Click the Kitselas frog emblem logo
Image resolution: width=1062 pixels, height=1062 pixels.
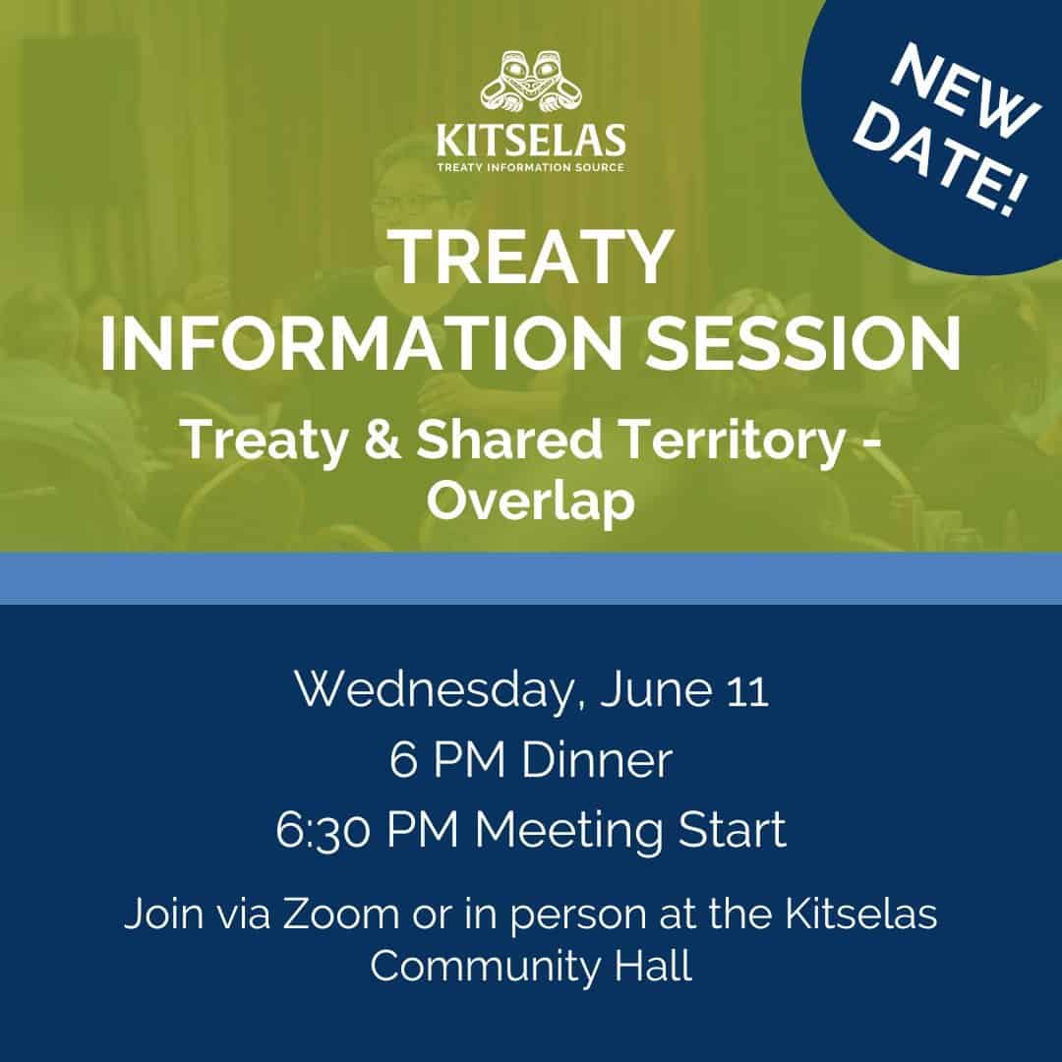(531, 82)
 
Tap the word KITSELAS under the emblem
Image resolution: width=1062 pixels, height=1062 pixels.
(531, 141)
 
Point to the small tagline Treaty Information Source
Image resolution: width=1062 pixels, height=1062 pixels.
(530, 167)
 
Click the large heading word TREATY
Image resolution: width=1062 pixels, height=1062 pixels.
(532, 258)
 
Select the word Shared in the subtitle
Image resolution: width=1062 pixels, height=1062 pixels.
(508, 439)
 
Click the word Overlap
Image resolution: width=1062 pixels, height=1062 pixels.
(531, 501)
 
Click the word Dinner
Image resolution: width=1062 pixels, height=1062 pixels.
(597, 759)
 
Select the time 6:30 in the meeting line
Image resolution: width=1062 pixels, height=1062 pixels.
(324, 830)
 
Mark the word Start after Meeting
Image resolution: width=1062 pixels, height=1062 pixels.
(732, 829)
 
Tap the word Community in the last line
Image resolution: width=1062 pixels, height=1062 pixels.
(485, 968)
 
